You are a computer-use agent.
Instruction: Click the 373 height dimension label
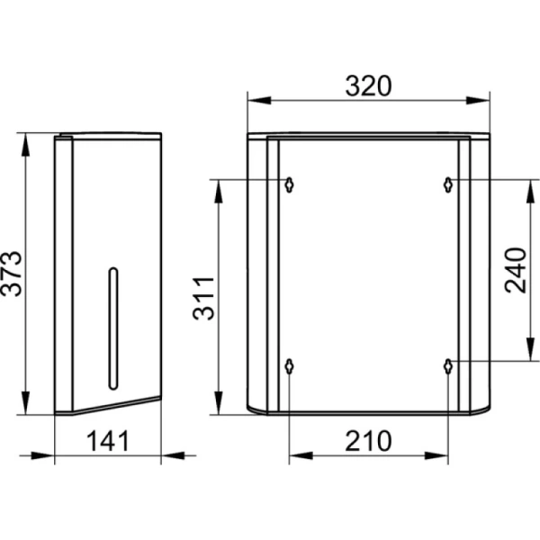[x=12, y=274]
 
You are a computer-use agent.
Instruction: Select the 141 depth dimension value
[x=108, y=441]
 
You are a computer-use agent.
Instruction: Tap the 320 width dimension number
[x=368, y=85]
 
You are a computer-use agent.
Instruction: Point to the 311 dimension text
[x=203, y=298]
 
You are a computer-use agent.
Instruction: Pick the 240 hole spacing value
[x=516, y=270]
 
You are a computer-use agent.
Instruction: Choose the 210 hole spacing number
[x=368, y=441]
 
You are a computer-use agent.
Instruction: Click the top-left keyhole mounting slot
[x=289, y=184]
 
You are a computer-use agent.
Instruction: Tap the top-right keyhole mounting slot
[x=447, y=184]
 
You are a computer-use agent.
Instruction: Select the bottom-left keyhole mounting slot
[x=289, y=366]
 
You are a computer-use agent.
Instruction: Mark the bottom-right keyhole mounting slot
[x=447, y=366]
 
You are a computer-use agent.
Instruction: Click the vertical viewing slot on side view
[x=113, y=328]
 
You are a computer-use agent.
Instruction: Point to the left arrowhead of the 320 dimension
[x=259, y=101]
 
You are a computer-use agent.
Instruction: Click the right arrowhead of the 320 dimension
[x=478, y=101]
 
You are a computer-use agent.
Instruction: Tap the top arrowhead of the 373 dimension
[x=25, y=145]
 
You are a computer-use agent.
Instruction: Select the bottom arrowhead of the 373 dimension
[x=25, y=402]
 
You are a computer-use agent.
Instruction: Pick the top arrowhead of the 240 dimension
[x=531, y=192]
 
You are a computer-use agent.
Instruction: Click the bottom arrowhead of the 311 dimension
[x=218, y=402]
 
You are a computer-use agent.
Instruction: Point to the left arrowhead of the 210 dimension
[x=301, y=455]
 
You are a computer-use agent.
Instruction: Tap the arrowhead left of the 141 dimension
[x=42, y=455]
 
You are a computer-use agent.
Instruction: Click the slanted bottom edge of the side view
[x=117, y=404]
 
